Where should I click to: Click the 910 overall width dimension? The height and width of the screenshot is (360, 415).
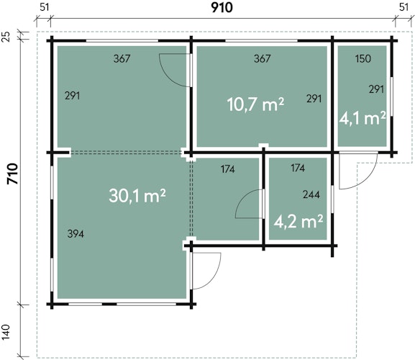coord(222,8)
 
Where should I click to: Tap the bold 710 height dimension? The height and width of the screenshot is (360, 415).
coord(12,174)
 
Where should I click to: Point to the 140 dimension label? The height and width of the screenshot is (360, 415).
coord(6,331)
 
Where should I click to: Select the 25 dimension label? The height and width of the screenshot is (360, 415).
coord(6,37)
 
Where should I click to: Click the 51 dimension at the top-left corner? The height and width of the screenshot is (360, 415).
coord(44,7)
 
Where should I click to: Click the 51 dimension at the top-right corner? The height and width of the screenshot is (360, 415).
coord(403,7)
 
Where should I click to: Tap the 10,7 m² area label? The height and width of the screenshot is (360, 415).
coord(255,104)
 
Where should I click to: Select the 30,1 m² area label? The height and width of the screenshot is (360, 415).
coord(137,196)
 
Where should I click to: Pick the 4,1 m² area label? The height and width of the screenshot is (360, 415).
coord(362,118)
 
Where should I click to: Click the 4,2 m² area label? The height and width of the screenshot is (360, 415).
coord(298,222)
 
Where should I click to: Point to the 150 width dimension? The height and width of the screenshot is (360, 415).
coord(363,58)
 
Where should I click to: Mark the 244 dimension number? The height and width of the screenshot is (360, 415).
coord(311,194)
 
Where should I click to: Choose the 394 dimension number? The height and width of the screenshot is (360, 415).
coord(76,234)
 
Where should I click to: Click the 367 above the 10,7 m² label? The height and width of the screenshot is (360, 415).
coord(263,58)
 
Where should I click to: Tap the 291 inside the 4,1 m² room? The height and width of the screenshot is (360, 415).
coord(376,89)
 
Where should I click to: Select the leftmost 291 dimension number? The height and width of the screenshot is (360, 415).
coord(72,95)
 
